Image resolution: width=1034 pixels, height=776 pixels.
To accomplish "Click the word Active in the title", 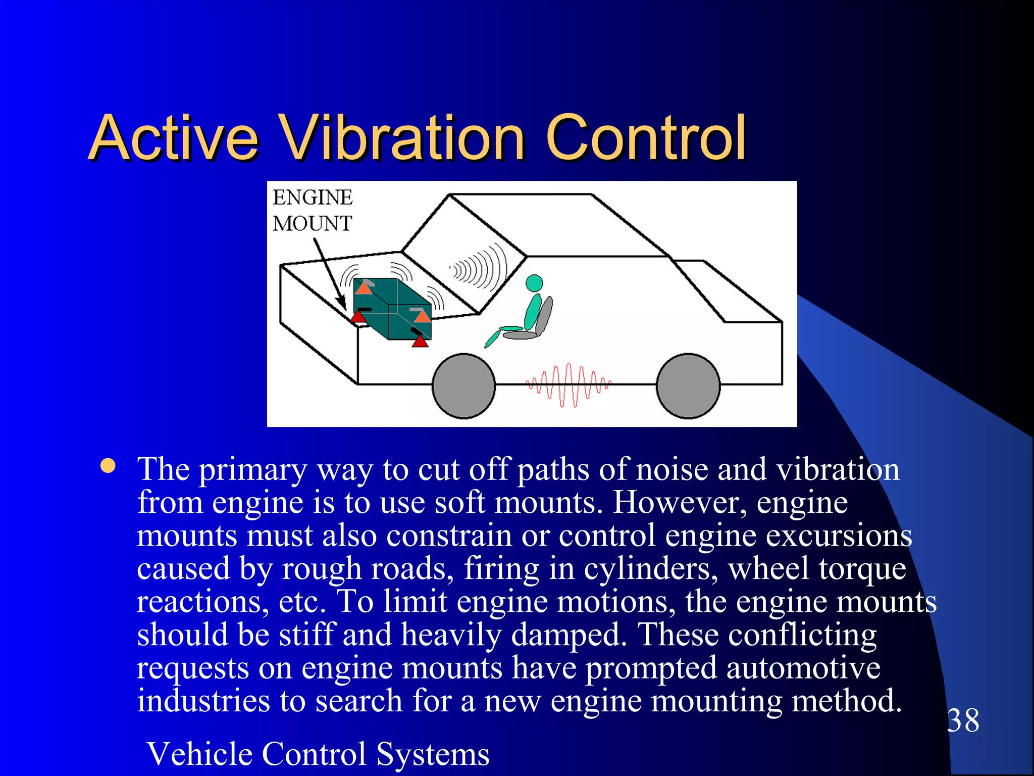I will tap(174, 137).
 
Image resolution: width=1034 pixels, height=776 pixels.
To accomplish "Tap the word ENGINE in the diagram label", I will tap(313, 198).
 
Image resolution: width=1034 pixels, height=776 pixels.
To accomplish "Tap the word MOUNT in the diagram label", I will tap(312, 223).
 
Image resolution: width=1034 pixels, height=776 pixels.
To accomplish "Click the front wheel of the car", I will tap(463, 386).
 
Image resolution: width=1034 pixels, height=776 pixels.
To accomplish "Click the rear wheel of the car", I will tap(688, 386).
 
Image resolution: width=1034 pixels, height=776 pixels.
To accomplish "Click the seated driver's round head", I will tap(534, 283).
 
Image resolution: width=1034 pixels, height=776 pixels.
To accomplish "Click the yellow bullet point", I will tap(108, 466).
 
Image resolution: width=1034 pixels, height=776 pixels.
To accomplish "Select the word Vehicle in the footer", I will tap(204, 754).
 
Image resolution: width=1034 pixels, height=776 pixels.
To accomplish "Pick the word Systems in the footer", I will tap(433, 754).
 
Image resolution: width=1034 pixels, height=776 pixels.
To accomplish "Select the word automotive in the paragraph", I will tap(803, 668).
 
